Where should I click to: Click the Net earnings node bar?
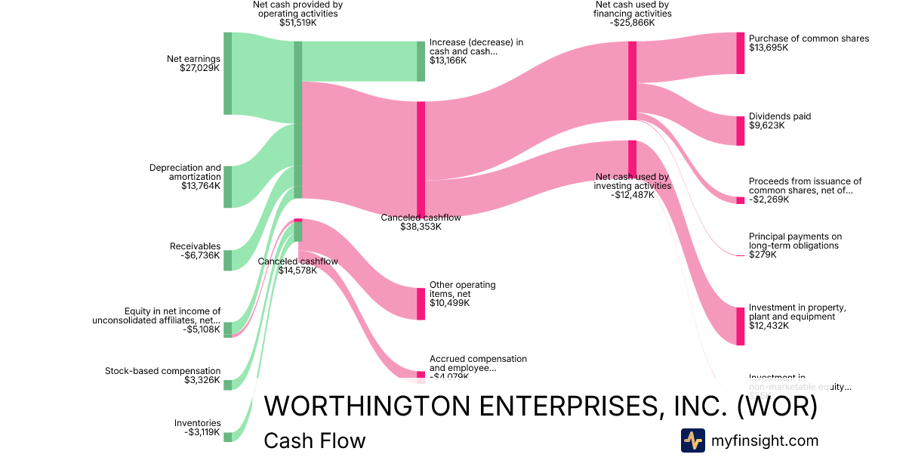(227, 73)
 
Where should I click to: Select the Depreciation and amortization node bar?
(227, 187)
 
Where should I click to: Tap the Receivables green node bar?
(227, 260)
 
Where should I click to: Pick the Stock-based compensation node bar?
(227, 385)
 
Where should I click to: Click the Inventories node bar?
(227, 437)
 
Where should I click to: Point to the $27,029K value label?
(199, 68)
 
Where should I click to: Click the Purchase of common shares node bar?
(741, 53)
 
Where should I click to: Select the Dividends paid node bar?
(741, 131)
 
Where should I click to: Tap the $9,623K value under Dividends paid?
(766, 126)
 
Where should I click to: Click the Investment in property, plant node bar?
(741, 326)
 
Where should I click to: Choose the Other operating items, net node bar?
(421, 304)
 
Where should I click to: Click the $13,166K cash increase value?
(448, 60)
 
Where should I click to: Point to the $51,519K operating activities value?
(297, 23)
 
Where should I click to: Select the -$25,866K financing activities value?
(632, 23)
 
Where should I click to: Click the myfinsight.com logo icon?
(692, 440)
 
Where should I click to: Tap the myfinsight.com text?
(765, 440)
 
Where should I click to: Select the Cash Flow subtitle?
(314, 440)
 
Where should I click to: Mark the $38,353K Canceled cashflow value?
(421, 227)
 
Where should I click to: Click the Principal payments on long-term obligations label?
(795, 240)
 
